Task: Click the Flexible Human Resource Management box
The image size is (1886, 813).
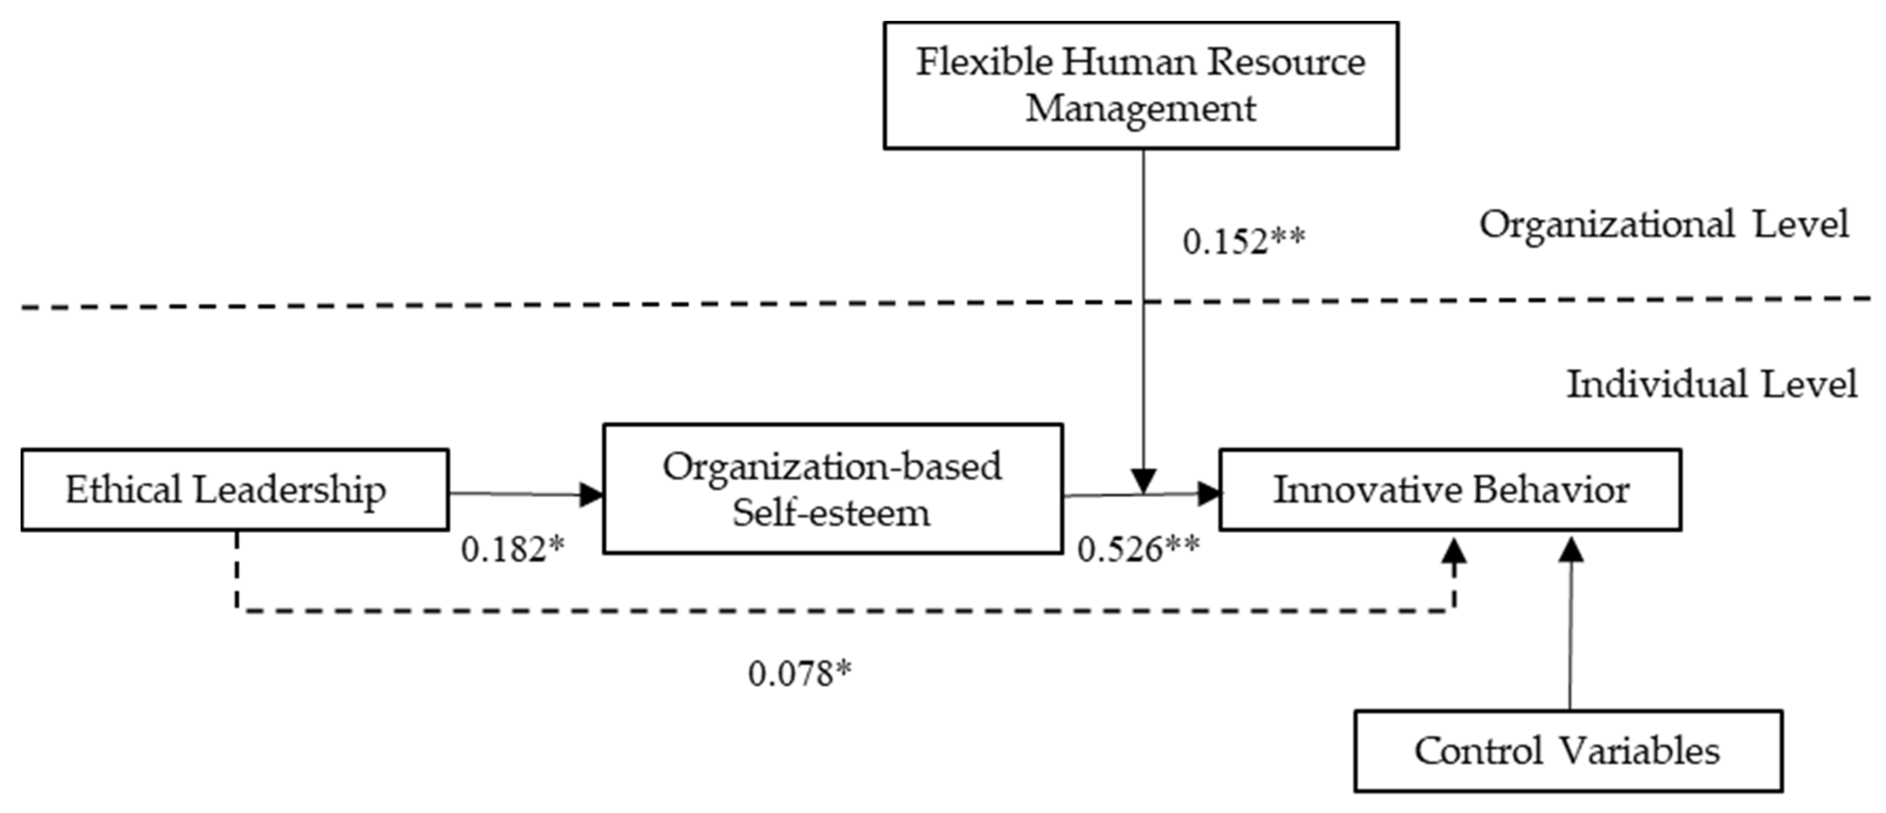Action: coord(1140,85)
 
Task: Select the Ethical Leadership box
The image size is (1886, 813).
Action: coord(234,489)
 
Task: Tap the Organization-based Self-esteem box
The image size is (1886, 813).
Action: coord(833,489)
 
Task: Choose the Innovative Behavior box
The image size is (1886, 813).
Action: coord(1449,489)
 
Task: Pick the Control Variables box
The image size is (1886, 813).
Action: coord(1568,751)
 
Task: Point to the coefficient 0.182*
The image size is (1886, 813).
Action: coord(512,549)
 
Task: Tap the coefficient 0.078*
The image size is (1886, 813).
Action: coord(799,673)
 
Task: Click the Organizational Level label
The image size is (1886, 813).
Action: coord(1664,224)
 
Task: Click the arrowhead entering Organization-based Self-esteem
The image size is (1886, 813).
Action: coord(592,494)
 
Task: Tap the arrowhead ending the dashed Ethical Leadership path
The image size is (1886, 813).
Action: coord(1454,551)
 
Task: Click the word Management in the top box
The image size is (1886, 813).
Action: coord(1140,108)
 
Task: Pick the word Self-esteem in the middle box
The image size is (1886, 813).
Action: coord(831,513)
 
